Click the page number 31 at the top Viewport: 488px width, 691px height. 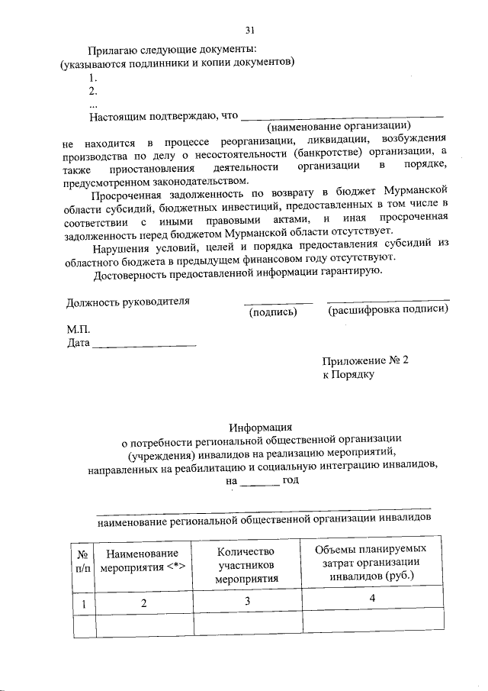point(249,31)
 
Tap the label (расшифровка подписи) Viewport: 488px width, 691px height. point(387,310)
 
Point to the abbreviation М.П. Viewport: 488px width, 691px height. point(79,330)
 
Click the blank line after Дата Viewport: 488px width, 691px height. point(145,345)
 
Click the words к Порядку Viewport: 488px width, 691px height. point(348,375)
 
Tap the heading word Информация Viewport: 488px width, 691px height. point(261,428)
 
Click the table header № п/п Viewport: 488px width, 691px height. point(84,562)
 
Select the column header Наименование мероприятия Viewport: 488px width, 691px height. point(143,560)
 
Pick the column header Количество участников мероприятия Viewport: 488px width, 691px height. point(246,565)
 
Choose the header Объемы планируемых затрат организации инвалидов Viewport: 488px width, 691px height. point(371,563)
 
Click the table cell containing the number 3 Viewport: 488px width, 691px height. point(248,602)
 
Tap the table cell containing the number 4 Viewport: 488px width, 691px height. point(372,599)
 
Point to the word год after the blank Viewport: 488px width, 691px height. point(291,480)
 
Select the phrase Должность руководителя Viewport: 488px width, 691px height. point(127,301)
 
